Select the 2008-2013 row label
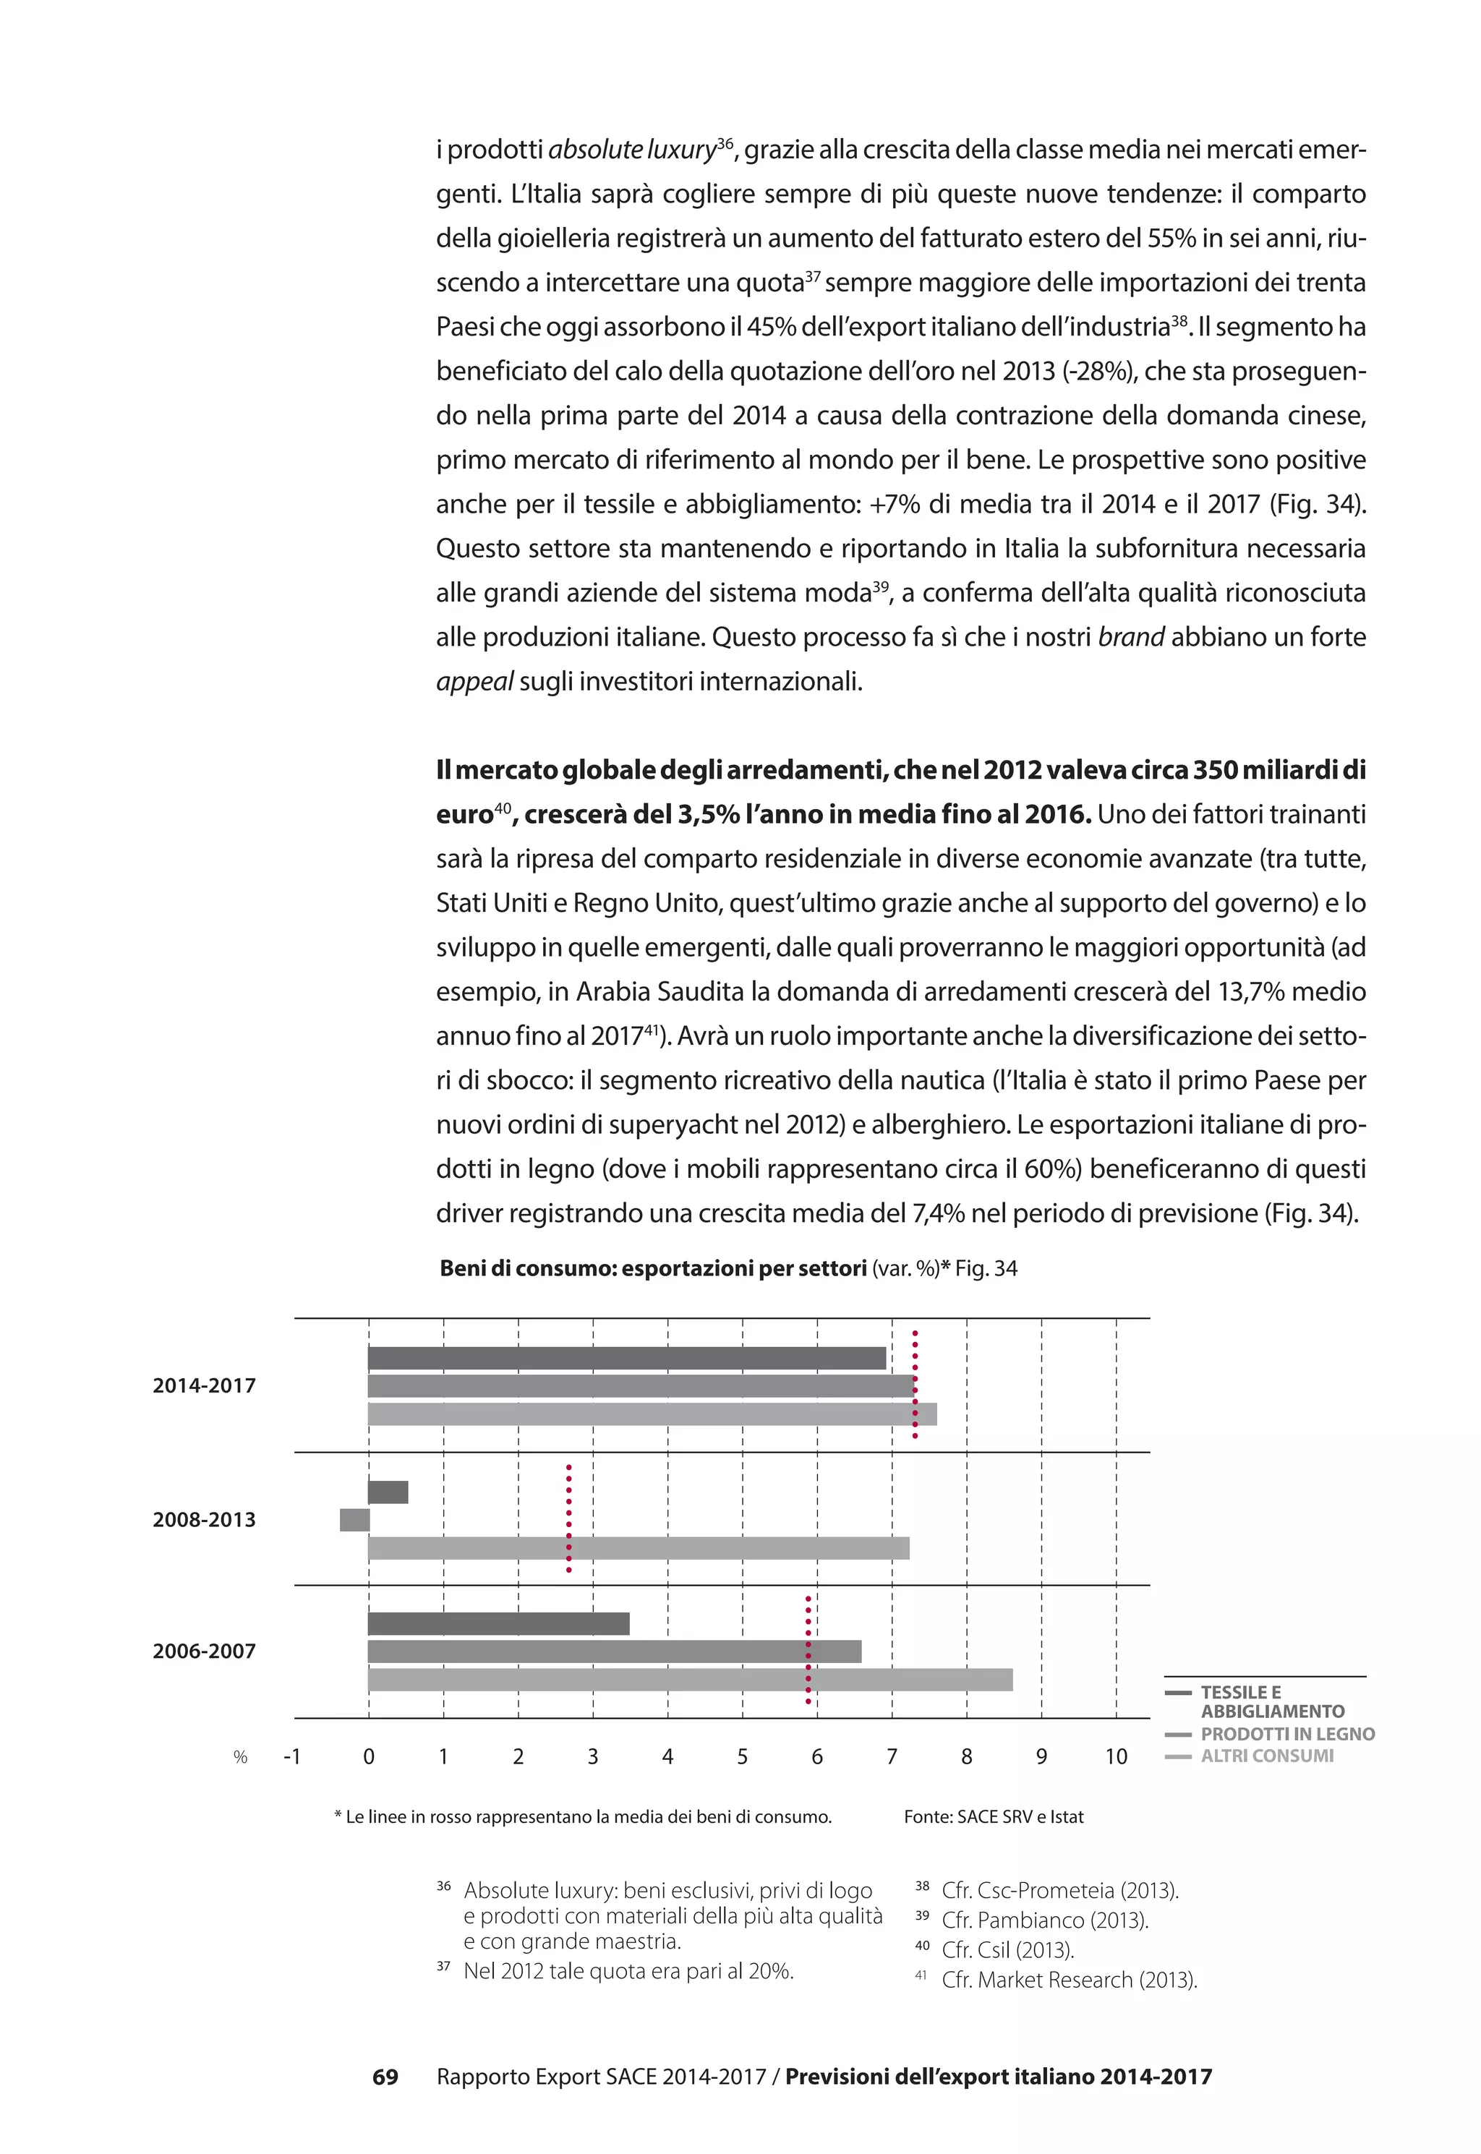coord(204,1519)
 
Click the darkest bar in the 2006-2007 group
coord(498,1623)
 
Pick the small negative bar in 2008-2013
coord(354,1519)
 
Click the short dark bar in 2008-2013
coord(388,1492)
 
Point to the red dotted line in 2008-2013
coord(569,1518)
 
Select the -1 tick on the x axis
coord(291,1756)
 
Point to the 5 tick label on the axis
coord(743,1756)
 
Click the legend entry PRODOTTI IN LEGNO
coord(1287,1734)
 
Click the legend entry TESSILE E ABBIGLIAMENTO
coord(1271,1701)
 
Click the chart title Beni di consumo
coord(653,1268)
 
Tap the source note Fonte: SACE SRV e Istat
coord(993,1816)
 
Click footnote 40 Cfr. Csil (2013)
coord(1007,1950)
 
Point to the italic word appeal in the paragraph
coord(474,682)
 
